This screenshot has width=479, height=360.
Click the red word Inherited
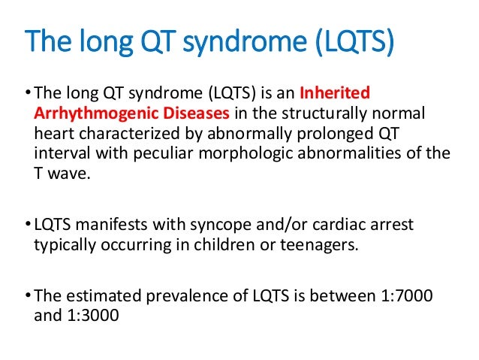335,95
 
